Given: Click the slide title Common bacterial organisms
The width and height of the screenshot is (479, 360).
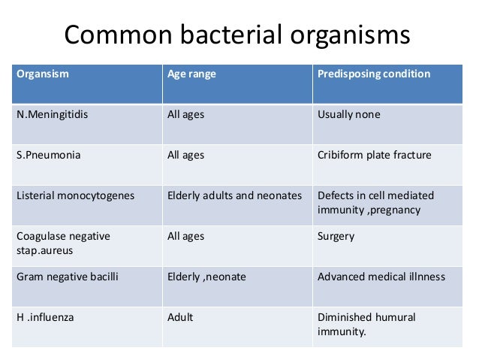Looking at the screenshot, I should tap(239, 36).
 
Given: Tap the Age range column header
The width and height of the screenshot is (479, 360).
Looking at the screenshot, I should tap(191, 74).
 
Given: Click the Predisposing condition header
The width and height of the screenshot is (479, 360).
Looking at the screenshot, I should tap(374, 74).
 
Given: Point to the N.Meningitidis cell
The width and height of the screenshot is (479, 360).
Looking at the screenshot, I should tap(50, 115).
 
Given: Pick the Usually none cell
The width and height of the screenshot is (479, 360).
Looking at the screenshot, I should tap(349, 115).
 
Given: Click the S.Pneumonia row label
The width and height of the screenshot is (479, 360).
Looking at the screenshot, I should tap(49, 156).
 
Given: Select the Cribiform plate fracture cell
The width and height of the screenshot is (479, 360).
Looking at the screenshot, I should tap(374, 156).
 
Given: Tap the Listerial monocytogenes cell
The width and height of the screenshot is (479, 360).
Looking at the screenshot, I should tap(75, 195).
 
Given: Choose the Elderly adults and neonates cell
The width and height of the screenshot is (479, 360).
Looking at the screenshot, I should tap(234, 195).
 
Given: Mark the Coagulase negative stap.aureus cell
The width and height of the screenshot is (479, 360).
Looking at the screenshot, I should tap(63, 243).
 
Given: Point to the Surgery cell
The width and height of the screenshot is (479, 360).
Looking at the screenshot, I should tap(336, 236).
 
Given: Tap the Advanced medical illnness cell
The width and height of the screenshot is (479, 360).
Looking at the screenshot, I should tap(381, 277).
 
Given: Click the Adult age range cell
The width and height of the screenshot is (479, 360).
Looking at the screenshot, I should tap(180, 317).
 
